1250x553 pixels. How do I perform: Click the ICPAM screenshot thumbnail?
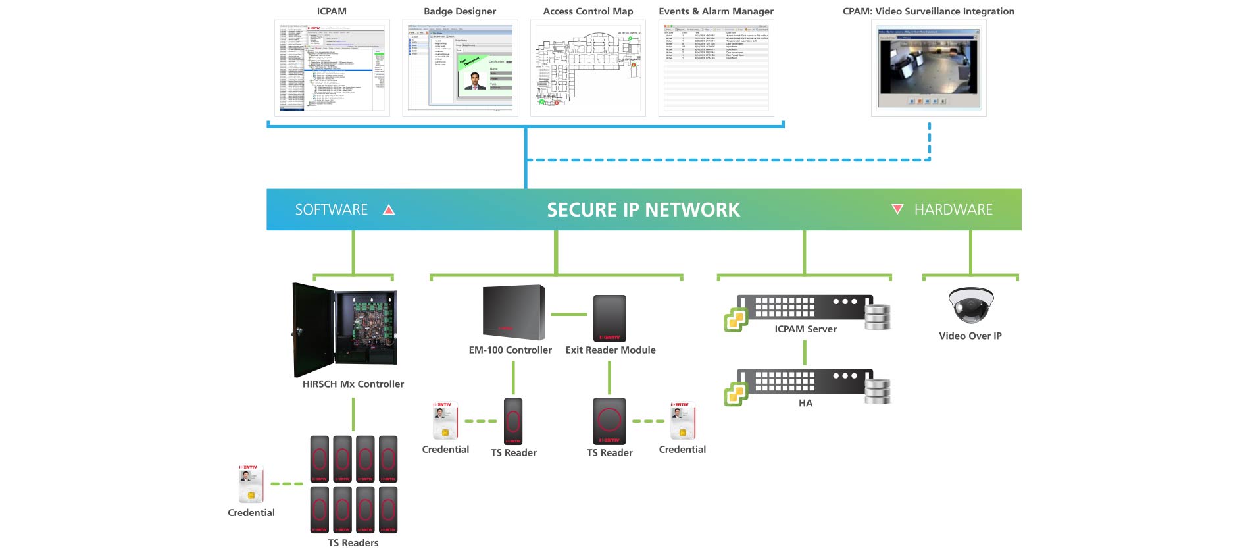tap(332, 68)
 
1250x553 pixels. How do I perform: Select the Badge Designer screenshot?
tap(460, 68)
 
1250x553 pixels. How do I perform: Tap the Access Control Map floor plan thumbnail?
tap(588, 68)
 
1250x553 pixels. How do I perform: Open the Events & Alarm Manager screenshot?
tap(716, 68)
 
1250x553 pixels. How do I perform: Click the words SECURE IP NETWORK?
tap(643, 210)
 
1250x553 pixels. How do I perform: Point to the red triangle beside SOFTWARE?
tap(389, 210)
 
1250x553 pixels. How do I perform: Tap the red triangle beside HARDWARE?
tap(897, 209)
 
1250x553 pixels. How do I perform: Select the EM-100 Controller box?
tap(514, 312)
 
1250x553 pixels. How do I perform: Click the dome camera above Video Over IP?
tap(970, 305)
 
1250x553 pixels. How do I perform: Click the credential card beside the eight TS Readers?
tap(251, 484)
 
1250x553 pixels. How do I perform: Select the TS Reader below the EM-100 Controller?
tap(513, 421)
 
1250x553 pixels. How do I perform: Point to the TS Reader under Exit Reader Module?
tap(609, 421)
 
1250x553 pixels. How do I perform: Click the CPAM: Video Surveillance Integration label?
tap(928, 11)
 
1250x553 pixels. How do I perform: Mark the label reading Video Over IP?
tap(970, 336)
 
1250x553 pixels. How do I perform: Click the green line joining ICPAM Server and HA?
tap(805, 353)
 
